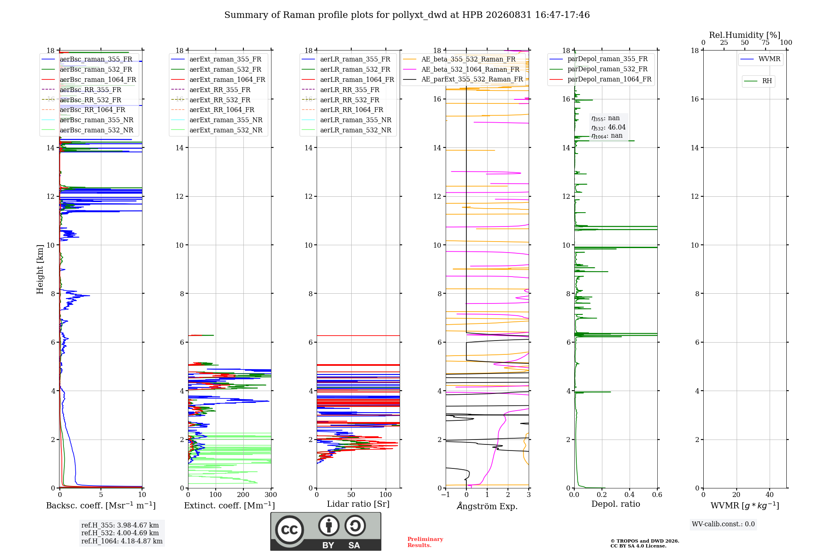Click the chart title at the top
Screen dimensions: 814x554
(407, 15)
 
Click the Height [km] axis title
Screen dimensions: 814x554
(40, 269)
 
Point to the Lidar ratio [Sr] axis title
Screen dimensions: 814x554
(358, 504)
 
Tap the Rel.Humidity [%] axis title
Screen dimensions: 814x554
(744, 35)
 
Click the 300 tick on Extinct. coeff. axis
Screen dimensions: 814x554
(271, 495)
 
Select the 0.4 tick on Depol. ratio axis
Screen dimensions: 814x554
(630, 495)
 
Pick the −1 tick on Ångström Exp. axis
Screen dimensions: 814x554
(445, 495)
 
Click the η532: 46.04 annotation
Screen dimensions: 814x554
(608, 128)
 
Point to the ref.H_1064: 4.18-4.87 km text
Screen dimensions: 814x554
(122, 541)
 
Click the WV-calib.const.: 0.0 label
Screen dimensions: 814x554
(723, 524)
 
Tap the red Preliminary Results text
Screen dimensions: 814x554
(425, 542)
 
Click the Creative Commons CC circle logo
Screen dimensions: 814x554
(289, 530)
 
